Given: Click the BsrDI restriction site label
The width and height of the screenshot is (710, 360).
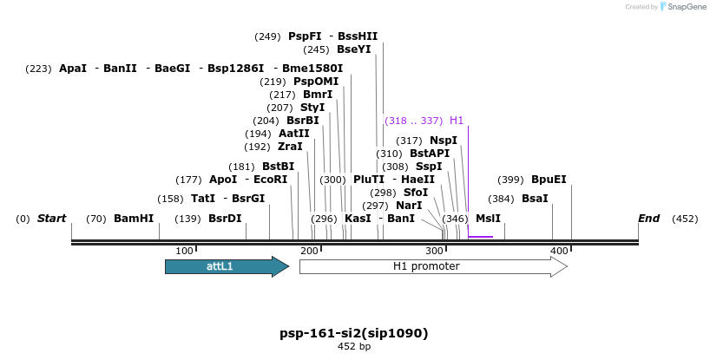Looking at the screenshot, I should pyautogui.click(x=225, y=219).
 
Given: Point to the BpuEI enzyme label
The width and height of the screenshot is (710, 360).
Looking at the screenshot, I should pyautogui.click(x=549, y=180).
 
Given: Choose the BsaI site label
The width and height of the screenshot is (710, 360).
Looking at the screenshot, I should pyautogui.click(x=535, y=199).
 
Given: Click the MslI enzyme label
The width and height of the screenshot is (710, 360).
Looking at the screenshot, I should pyautogui.click(x=488, y=219).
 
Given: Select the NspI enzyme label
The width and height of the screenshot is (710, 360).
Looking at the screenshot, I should pyautogui.click(x=444, y=141).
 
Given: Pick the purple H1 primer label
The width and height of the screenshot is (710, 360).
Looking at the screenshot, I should pyautogui.click(x=457, y=121).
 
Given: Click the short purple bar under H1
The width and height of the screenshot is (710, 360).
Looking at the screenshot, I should pyautogui.click(x=480, y=236).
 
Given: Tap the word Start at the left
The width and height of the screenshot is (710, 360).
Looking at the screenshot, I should pyautogui.click(x=51, y=219).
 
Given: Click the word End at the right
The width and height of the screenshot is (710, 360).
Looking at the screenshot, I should pyautogui.click(x=649, y=219).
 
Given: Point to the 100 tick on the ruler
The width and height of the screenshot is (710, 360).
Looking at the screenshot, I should pyautogui.click(x=184, y=251).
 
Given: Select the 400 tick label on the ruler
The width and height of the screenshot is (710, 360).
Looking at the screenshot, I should pyautogui.click(x=560, y=251).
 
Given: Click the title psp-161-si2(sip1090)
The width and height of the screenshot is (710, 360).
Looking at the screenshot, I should pyautogui.click(x=354, y=333).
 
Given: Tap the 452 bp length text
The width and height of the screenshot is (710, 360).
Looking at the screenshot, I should pyautogui.click(x=354, y=347).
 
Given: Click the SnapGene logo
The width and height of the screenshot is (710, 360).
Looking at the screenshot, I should pyautogui.click(x=681, y=7).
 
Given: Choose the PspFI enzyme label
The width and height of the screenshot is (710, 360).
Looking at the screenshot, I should pyautogui.click(x=305, y=36).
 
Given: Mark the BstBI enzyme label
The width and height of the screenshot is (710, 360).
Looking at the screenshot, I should pyautogui.click(x=279, y=167).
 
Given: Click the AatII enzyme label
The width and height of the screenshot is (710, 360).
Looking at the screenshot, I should pyautogui.click(x=293, y=134).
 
